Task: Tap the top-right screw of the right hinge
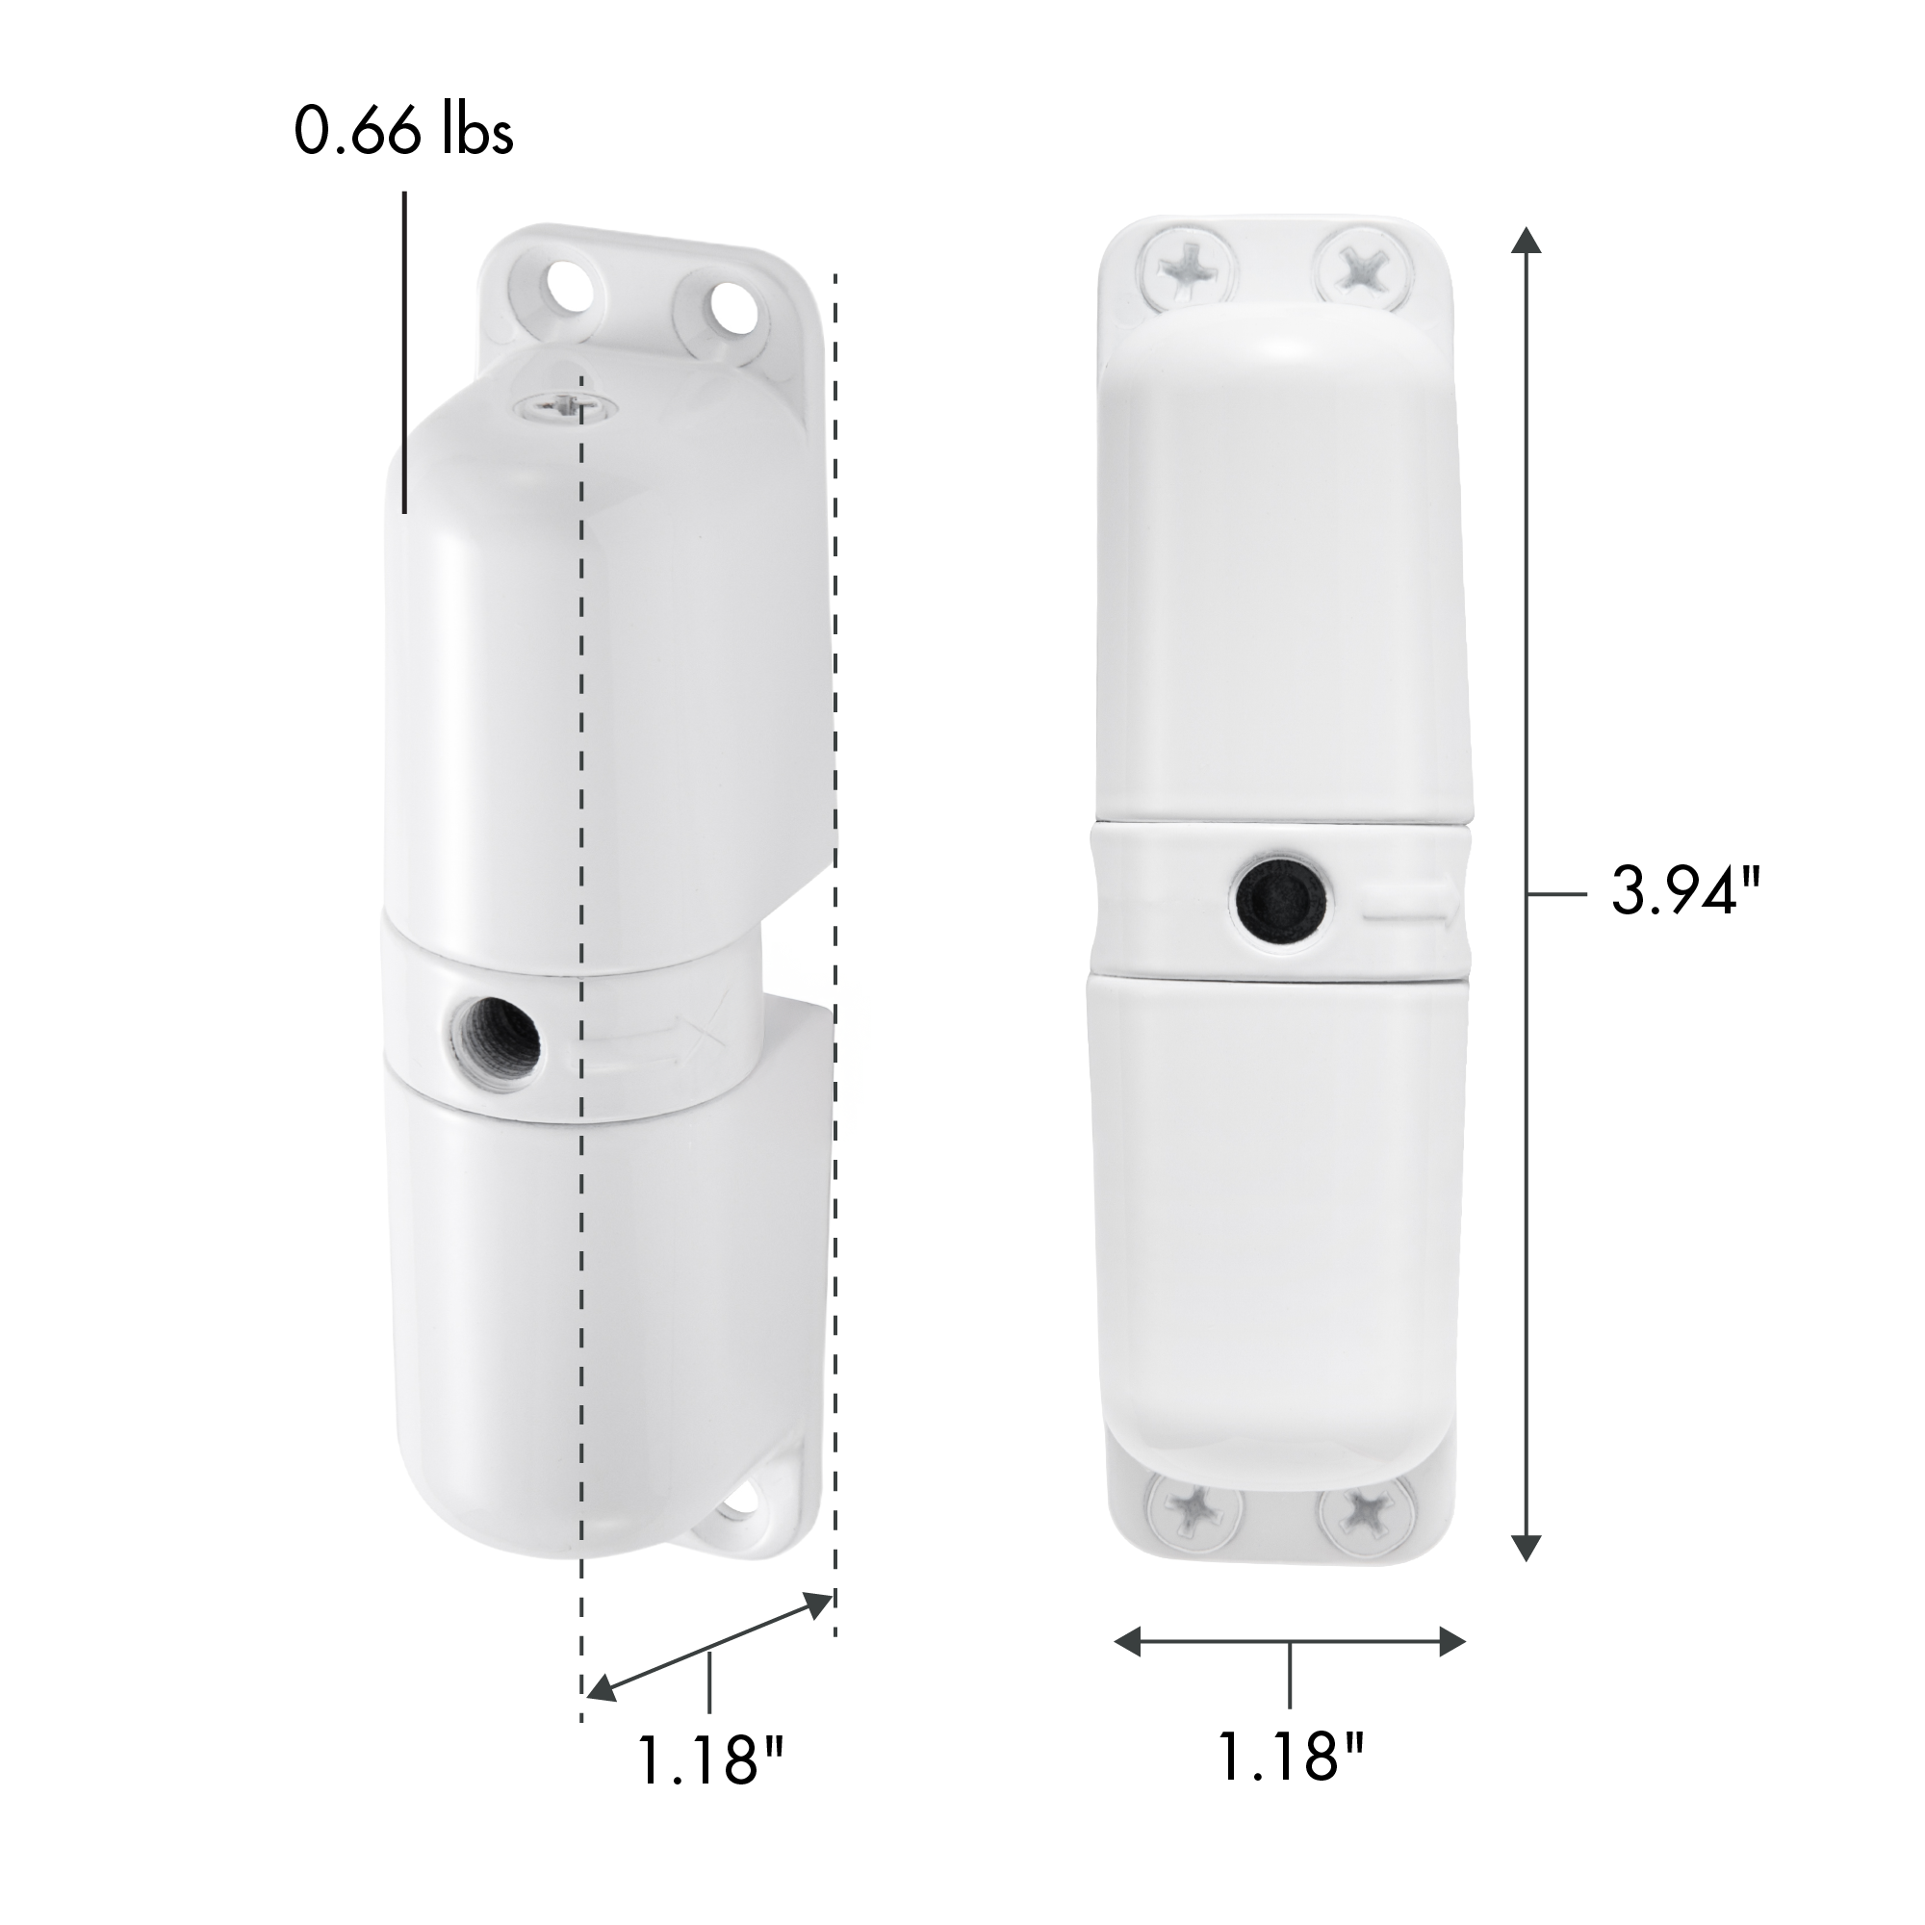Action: click(1362, 267)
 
